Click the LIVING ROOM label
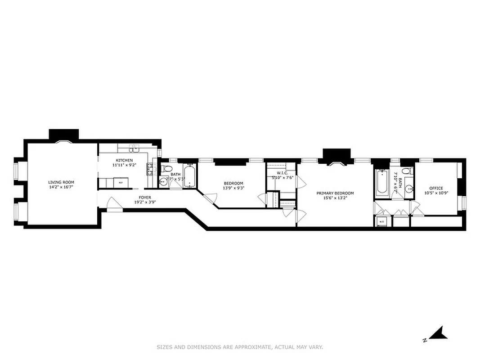pyautogui.click(x=61, y=182)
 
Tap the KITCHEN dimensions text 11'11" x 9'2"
pyautogui.click(x=124, y=165)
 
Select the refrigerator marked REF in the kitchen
pyautogui.click(x=120, y=183)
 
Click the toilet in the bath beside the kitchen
pyautogui.click(x=167, y=169)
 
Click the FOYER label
pyautogui.click(x=145, y=197)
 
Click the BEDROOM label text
pyautogui.click(x=233, y=183)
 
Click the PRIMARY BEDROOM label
pyautogui.click(x=335, y=193)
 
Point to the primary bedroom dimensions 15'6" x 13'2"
pyautogui.click(x=335, y=198)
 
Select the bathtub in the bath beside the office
pyautogui.click(x=382, y=183)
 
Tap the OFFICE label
pyautogui.click(x=435, y=188)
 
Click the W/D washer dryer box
pyautogui.click(x=381, y=222)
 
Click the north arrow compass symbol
pyautogui.click(x=437, y=333)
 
